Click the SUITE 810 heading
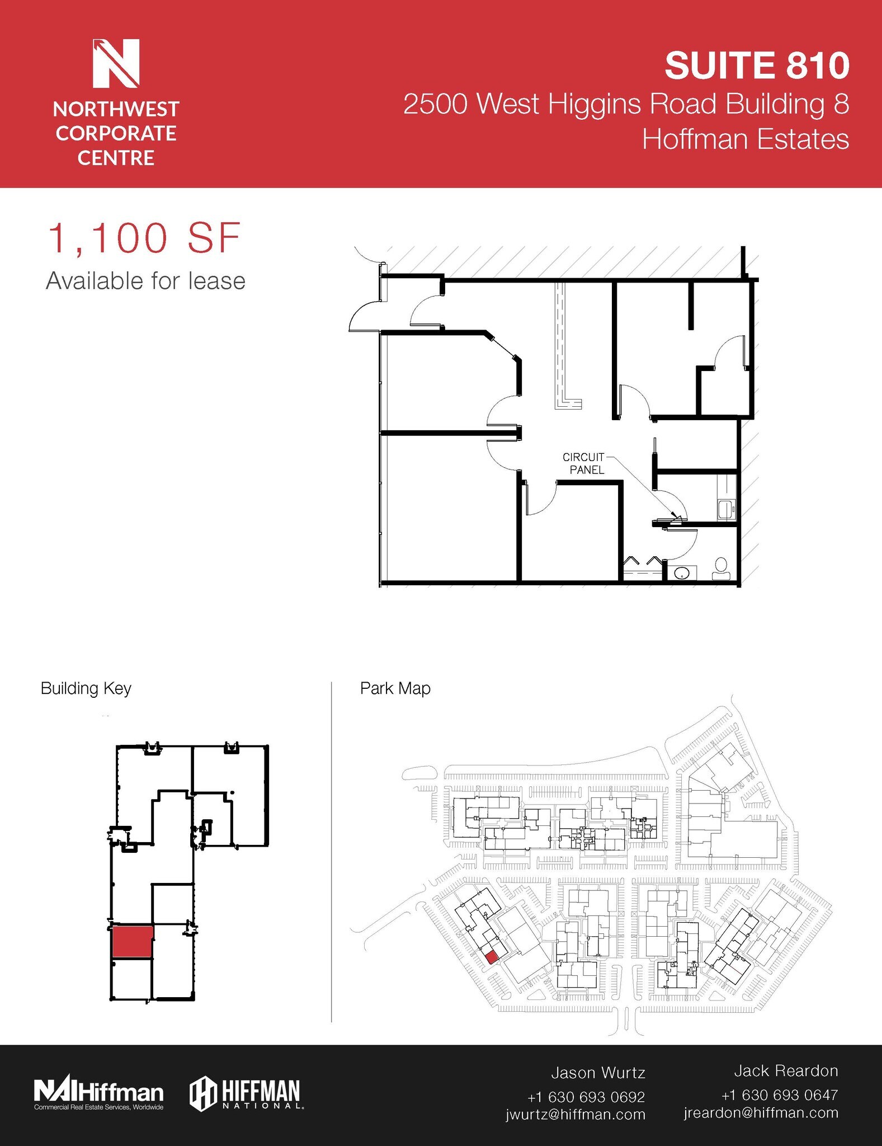[x=757, y=66]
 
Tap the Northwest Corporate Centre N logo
[x=116, y=63]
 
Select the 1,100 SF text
[x=144, y=238]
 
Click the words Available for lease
[x=145, y=281]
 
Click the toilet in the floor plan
[x=721, y=569]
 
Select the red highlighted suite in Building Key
[x=132, y=942]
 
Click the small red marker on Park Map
[x=490, y=957]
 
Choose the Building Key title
[x=86, y=688]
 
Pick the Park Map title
[x=395, y=688]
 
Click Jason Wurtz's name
[x=598, y=1073]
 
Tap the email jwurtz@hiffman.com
[x=576, y=1115]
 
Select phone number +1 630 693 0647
[x=779, y=1095]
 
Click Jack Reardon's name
[x=786, y=1071]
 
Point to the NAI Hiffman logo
[x=99, y=1093]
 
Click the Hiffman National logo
[x=245, y=1093]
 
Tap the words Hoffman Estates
[x=745, y=139]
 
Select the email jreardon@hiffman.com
[x=761, y=1113]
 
